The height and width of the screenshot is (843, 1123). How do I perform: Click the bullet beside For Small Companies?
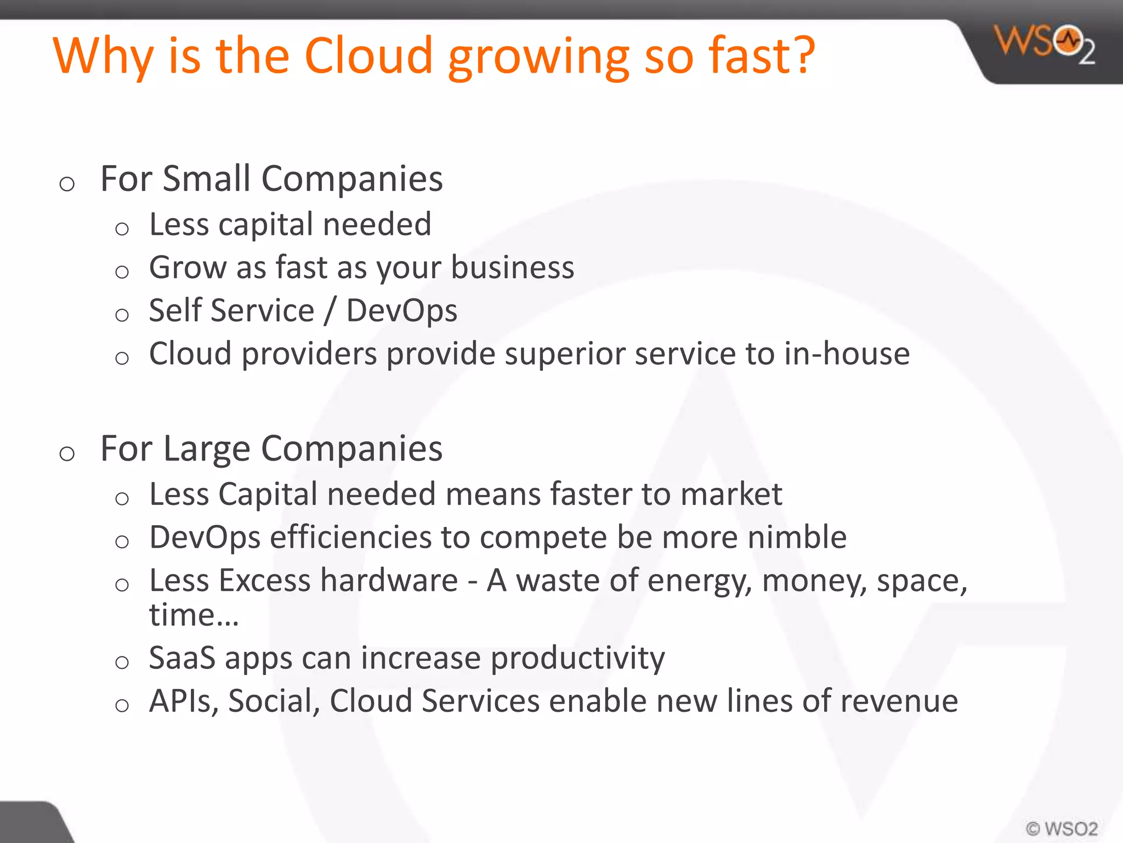67,184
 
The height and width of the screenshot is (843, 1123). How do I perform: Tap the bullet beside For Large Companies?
67,454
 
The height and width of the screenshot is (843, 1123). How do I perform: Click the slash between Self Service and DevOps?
330,311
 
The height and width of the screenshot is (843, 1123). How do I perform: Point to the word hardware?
389,580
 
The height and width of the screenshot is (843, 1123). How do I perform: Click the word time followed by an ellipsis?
194,615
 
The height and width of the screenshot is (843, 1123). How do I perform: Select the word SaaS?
182,657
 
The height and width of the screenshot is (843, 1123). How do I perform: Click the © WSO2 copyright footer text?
1062,828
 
